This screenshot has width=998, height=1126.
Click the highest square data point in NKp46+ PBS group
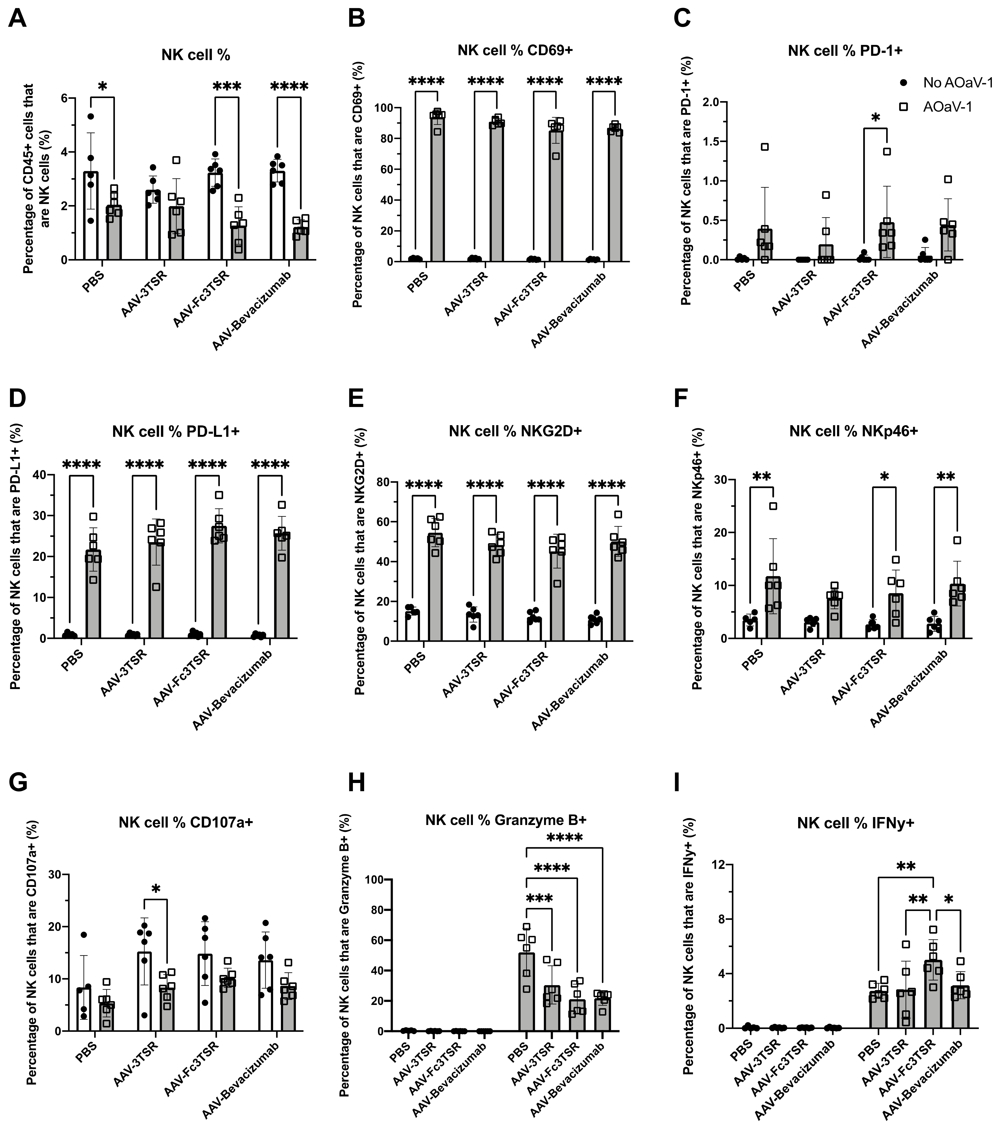773,506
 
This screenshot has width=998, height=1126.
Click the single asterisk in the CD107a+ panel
156,888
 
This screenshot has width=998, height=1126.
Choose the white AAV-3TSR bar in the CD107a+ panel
144,992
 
